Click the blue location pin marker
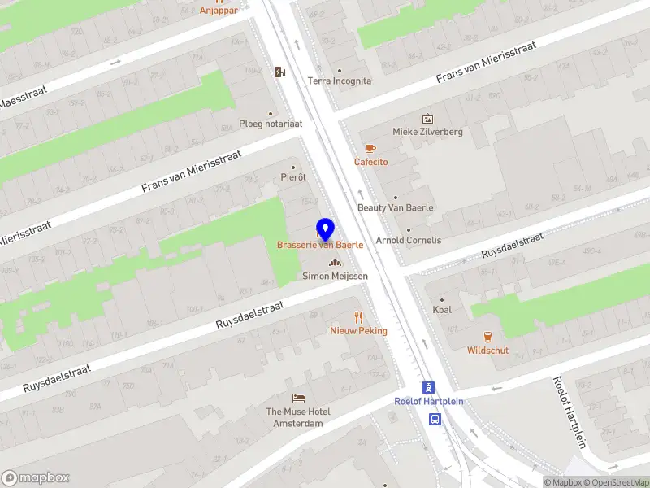pos(325,229)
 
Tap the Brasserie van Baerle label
pos(319,245)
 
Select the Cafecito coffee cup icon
pos(370,148)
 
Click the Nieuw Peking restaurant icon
pos(358,316)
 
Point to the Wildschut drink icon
pos(487,336)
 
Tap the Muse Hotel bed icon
pos(298,398)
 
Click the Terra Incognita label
pos(339,81)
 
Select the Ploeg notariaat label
pos(271,124)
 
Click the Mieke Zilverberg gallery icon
pos(427,119)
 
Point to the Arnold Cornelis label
pos(408,240)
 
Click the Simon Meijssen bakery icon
pos(335,263)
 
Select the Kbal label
pos(442,310)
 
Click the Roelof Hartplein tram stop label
pos(428,401)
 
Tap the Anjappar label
pos(219,11)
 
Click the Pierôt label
pos(292,176)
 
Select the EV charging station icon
pos(280,72)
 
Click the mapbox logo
pos(36,477)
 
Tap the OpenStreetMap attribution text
pos(615,482)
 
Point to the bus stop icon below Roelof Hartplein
pos(435,420)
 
